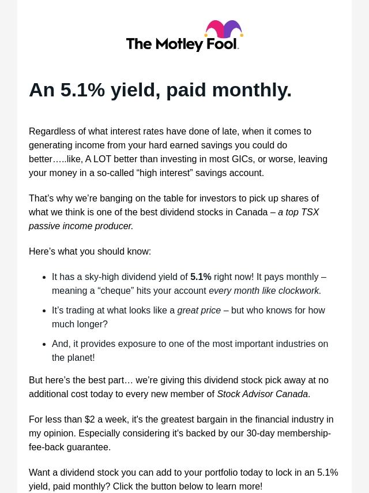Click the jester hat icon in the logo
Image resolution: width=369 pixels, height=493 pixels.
[x=224, y=31]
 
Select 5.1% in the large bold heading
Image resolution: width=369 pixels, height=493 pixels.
[x=82, y=90]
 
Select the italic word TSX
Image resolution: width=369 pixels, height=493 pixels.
[x=310, y=212]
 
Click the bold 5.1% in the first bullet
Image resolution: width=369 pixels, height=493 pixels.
[x=201, y=277]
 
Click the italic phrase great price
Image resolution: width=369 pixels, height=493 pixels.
[x=199, y=310]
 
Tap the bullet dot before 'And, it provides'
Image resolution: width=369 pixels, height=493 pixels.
[x=44, y=344]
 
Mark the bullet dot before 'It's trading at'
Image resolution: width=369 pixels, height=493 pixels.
[x=44, y=311]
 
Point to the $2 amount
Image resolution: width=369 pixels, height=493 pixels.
[x=90, y=419]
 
